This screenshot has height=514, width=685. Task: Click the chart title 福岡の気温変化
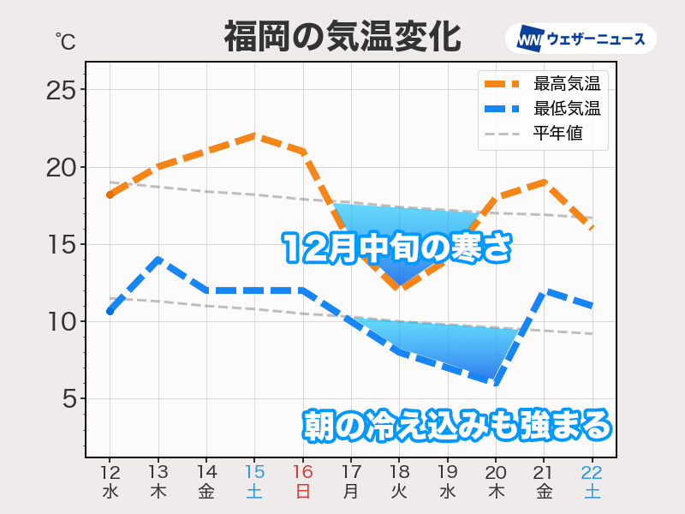tap(342, 38)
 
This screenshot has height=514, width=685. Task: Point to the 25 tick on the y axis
tap(60, 90)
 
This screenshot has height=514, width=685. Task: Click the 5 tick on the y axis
tap(68, 399)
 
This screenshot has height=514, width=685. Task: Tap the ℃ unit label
tap(65, 41)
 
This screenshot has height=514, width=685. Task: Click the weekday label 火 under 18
tap(399, 492)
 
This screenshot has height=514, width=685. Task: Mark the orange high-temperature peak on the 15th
tap(254, 135)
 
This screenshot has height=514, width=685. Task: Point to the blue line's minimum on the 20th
tap(496, 383)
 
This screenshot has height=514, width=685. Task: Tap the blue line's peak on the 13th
tap(158, 260)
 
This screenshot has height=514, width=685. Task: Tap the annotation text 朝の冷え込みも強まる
tap(458, 425)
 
